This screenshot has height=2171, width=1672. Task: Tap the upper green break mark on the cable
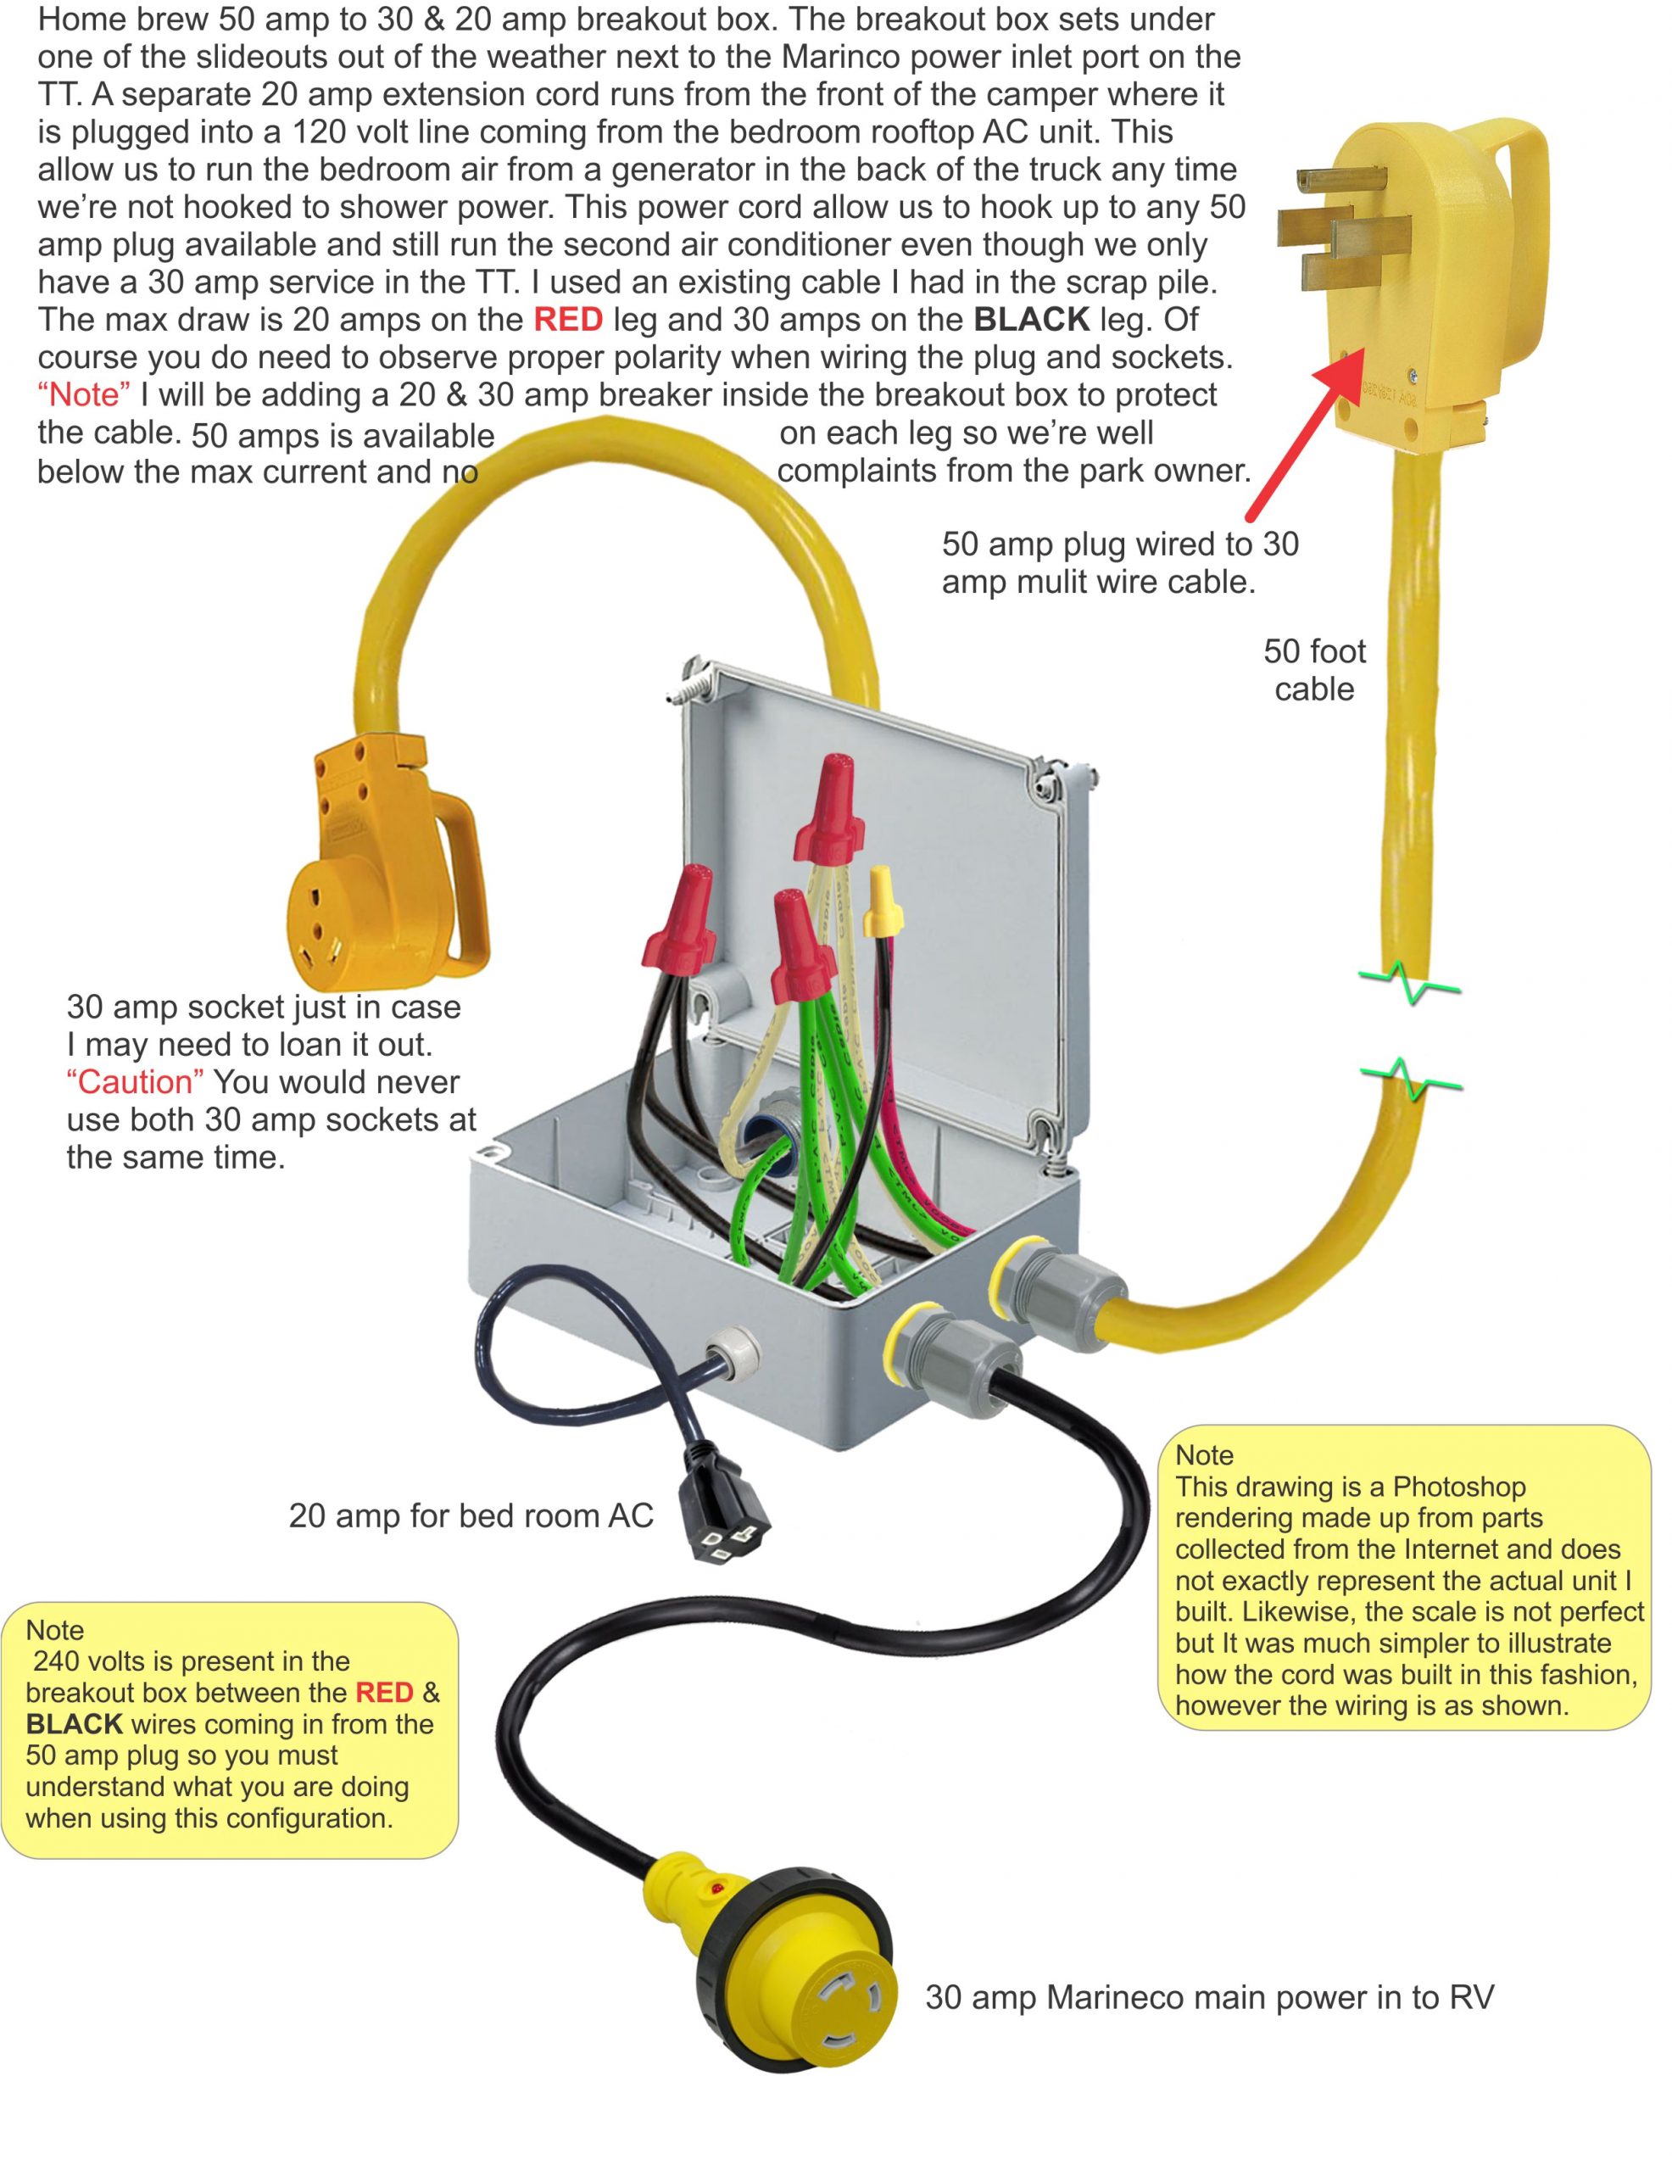click(x=1409, y=983)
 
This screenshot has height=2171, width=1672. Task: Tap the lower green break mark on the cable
click(x=1409, y=1080)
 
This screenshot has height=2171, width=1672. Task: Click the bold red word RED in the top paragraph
click(x=567, y=320)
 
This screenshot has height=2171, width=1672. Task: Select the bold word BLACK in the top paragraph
click(x=1032, y=320)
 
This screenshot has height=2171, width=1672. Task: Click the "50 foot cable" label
click(x=1314, y=670)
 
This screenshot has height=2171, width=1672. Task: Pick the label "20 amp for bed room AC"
click(x=471, y=1516)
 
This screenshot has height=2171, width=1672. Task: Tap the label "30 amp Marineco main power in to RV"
click(x=1209, y=1997)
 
